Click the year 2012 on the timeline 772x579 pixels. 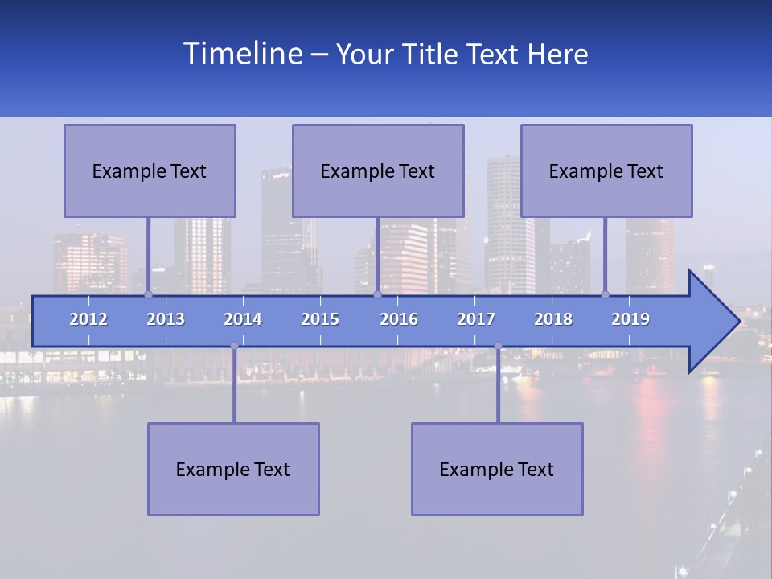88,319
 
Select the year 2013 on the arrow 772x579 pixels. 166,319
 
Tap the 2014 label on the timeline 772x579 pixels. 243,319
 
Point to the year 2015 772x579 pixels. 320,319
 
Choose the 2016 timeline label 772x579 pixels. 399,319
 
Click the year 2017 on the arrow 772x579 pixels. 476,319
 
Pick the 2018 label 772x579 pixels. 553,319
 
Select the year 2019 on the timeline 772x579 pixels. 630,319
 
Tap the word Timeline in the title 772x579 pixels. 241,54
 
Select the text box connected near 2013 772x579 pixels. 150,170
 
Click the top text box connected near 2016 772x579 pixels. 378,170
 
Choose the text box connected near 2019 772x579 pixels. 606,170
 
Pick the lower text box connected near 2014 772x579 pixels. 233,469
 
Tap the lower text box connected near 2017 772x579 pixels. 497,469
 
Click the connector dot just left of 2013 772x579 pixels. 148,294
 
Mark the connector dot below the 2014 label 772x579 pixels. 234,346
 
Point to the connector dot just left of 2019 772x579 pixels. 605,294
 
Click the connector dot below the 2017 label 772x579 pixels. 498,346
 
